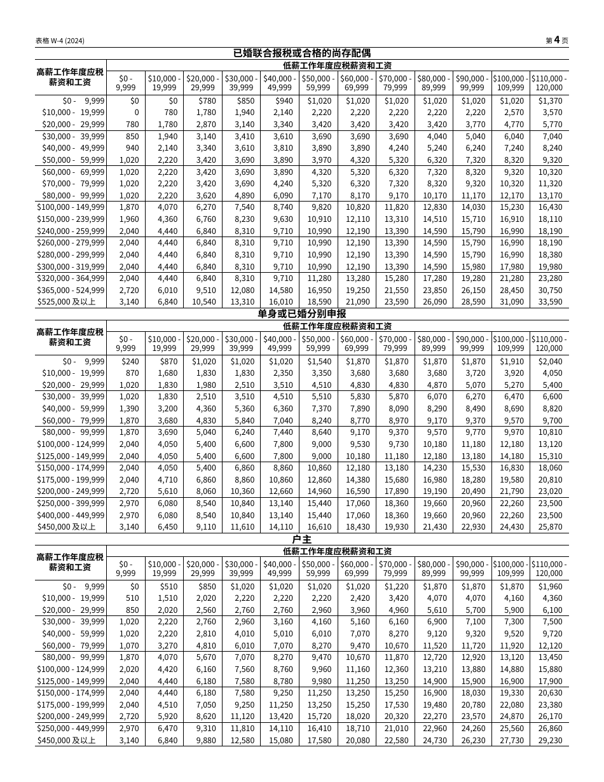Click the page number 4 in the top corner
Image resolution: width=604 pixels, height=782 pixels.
pos(556,40)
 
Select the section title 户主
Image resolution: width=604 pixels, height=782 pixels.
pos(301,539)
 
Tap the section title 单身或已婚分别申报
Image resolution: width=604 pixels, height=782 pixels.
pos(301,313)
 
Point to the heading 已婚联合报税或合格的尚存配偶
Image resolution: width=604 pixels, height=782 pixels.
pos(301,53)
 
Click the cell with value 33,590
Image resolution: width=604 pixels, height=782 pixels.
pos(551,302)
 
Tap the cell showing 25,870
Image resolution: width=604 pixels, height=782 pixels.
pos(551,527)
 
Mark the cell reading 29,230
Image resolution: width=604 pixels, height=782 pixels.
pos(551,741)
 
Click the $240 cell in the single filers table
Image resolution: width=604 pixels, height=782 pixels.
pos(130,361)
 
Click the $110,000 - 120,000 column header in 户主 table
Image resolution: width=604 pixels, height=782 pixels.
pos(549,568)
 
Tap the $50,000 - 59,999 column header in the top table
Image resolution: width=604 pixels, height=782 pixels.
pos(319,83)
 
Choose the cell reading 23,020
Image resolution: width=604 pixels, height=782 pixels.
pos(551,491)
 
